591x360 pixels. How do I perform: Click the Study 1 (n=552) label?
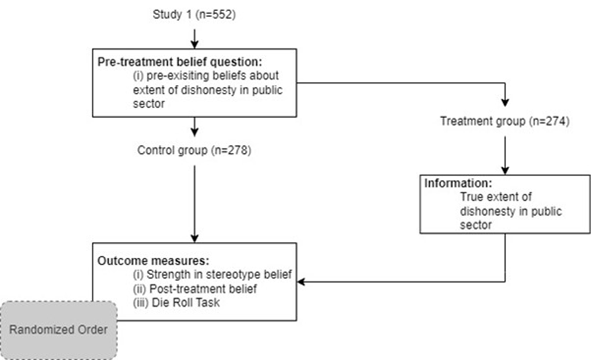click(194, 14)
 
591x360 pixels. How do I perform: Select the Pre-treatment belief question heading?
click(179, 62)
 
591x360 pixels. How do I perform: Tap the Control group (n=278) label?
click(194, 150)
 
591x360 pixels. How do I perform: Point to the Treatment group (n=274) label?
click(505, 121)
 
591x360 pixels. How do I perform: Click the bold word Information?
click(458, 183)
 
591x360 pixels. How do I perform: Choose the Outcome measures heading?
click(153, 261)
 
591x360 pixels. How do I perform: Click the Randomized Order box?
click(59, 330)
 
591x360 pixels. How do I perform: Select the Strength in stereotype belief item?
click(212, 274)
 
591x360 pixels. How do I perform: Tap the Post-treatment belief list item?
click(195, 289)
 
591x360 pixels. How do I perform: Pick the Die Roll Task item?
click(176, 303)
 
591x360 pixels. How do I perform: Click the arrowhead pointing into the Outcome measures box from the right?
click(301, 282)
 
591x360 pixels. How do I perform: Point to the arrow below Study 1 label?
click(194, 39)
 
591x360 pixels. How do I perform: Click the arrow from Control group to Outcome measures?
click(194, 204)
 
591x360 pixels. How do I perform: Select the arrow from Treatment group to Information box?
click(505, 155)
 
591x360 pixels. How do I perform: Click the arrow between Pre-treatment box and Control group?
click(194, 127)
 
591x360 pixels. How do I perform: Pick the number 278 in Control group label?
click(238, 150)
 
